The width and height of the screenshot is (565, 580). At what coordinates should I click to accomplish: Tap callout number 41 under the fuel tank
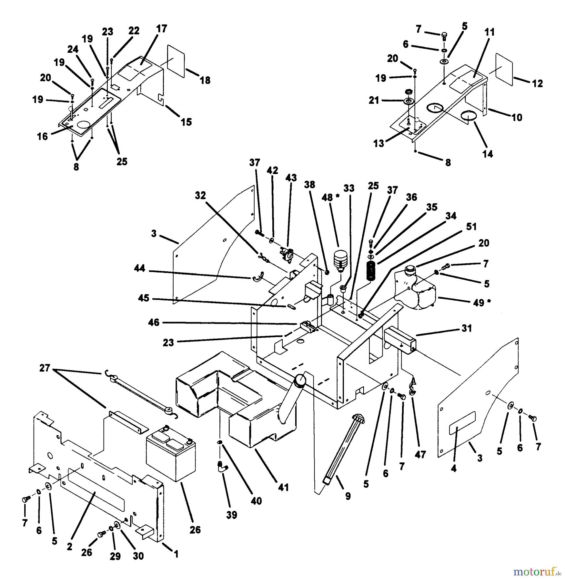tap(283, 487)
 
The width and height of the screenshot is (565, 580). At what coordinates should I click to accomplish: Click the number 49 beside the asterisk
tap(478, 303)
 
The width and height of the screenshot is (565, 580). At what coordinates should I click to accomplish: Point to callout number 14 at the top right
tap(488, 154)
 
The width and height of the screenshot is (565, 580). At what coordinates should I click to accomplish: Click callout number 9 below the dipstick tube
tap(348, 496)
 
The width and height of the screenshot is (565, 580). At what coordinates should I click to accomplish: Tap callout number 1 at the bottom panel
tap(176, 554)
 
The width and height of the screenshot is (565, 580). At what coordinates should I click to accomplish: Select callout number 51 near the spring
tap(471, 227)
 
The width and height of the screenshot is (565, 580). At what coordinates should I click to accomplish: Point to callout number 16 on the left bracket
tap(42, 136)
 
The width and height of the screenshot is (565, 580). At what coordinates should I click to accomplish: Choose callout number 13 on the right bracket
tap(379, 143)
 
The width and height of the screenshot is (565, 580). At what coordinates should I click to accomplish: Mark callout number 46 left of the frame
tap(154, 322)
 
